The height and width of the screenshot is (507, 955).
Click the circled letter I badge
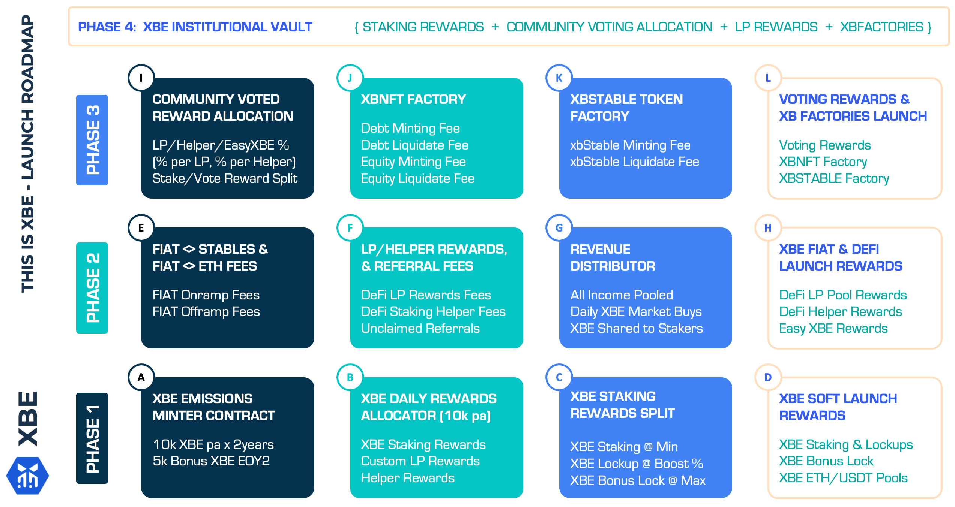141,78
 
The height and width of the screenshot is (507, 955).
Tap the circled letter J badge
350,78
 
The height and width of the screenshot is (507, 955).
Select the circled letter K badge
559,78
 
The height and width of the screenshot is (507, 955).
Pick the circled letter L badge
768,78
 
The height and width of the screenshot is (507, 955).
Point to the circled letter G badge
559,227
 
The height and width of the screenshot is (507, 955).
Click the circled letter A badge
141,377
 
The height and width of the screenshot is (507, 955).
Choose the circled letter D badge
768,377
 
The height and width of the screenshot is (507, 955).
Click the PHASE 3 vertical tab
92,140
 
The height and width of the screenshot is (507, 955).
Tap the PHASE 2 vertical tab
92,288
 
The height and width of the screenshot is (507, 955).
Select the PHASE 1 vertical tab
92,438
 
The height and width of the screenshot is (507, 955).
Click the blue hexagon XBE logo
28,476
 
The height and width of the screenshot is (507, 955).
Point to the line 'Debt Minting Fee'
410,129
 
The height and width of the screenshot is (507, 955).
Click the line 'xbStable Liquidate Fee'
635,162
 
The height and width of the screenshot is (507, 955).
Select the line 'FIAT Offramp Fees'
206,311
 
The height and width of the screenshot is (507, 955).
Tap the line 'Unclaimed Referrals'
420,328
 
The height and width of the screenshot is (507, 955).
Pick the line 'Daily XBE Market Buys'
636,311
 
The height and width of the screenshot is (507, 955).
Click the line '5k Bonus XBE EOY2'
211,461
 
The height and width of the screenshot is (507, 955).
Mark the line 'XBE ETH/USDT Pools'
843,478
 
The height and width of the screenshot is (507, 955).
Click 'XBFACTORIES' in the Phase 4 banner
881,27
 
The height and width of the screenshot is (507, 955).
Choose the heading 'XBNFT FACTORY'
413,99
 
